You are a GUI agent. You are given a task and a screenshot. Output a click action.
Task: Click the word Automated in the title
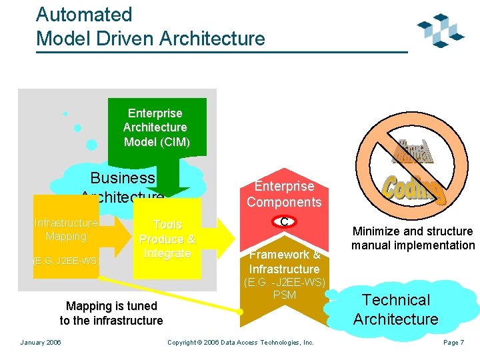84,15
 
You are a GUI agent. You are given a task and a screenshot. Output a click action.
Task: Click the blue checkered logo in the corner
440,31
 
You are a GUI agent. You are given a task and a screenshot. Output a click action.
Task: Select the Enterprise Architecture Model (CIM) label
157,127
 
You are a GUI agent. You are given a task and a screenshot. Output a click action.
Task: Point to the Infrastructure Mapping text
66,229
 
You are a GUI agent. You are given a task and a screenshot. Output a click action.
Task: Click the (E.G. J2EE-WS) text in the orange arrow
66,260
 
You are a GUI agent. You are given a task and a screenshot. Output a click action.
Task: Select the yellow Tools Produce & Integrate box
167,239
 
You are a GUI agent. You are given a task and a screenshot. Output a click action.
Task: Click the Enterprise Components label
284,194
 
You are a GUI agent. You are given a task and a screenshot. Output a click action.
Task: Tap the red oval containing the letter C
284,222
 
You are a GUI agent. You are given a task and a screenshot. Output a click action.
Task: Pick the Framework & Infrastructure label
285,261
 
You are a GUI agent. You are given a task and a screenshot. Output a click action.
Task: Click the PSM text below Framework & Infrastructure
285,295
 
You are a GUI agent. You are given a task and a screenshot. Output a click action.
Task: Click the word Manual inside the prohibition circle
415,153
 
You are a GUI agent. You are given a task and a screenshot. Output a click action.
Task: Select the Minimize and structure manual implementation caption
413,238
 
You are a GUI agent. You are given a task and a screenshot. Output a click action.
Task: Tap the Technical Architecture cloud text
396,309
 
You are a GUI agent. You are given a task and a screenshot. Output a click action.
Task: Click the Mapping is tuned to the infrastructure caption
111,313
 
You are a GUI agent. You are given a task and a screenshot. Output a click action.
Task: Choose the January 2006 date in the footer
41,342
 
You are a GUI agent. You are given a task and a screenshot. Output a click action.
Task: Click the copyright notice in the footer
240,342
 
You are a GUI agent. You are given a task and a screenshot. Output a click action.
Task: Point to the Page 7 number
453,342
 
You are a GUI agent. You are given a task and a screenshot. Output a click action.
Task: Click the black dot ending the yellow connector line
241,311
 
